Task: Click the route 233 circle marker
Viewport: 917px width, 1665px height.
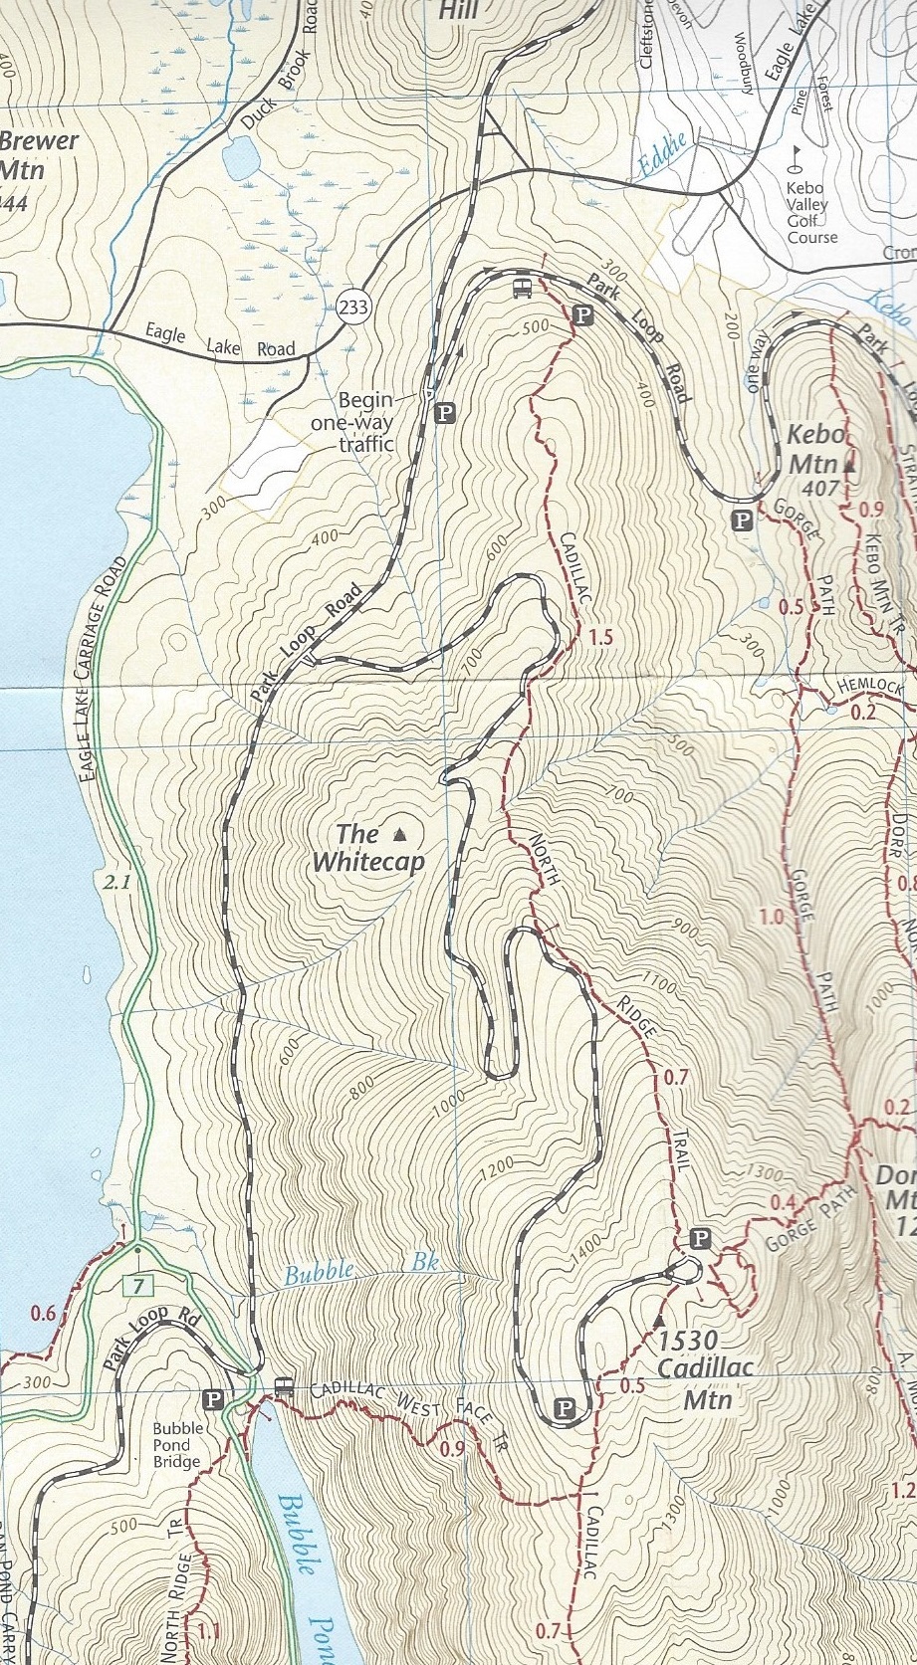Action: [x=352, y=308]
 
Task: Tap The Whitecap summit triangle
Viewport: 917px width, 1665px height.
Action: [x=401, y=833]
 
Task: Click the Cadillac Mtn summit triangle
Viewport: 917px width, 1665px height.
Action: [x=658, y=1320]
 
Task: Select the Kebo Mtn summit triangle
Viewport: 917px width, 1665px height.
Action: [x=849, y=463]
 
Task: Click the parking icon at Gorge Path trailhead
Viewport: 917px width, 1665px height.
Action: [x=741, y=519]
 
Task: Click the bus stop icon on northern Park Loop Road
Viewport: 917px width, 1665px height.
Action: [x=521, y=289]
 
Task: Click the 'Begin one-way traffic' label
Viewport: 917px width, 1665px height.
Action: [x=365, y=422]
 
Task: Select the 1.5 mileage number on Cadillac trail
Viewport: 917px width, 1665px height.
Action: [x=600, y=637]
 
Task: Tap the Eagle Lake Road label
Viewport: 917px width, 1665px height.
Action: [x=220, y=341]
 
